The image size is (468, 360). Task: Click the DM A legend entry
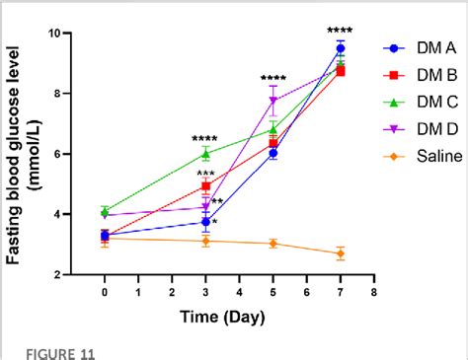pyautogui.click(x=415, y=46)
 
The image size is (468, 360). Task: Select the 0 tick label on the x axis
pyautogui.click(x=105, y=292)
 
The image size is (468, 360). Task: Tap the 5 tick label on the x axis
pyautogui.click(x=273, y=292)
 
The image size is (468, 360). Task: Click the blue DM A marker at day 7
pyautogui.click(x=341, y=48)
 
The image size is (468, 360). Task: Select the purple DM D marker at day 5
pyautogui.click(x=273, y=101)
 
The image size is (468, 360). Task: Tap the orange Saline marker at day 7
pyautogui.click(x=341, y=253)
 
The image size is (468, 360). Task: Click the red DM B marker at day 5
pyautogui.click(x=273, y=143)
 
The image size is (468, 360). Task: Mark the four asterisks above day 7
pyautogui.click(x=341, y=30)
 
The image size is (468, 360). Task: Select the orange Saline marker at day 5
pyautogui.click(x=273, y=244)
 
